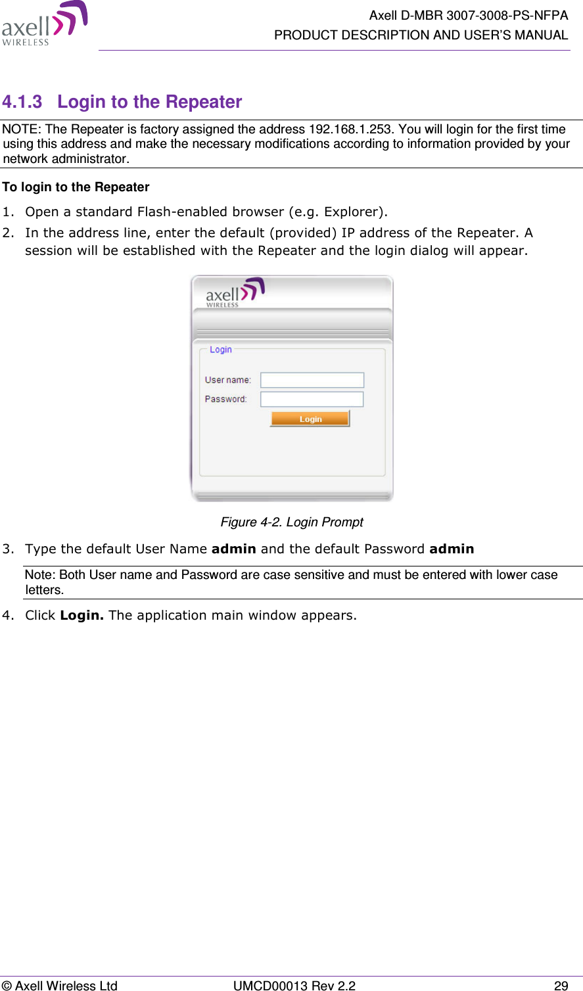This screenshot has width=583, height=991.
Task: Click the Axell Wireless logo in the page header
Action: pos(44,24)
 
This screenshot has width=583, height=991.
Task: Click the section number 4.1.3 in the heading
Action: pos(22,103)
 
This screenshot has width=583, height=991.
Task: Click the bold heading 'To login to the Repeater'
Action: pos(76,187)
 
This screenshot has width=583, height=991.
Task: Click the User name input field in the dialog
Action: pos(312,380)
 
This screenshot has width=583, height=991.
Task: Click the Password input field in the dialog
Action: pos(312,399)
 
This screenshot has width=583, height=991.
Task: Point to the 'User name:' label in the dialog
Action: pos(227,380)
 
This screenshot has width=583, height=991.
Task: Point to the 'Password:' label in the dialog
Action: pos(225,399)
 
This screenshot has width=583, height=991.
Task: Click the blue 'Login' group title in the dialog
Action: pos(220,350)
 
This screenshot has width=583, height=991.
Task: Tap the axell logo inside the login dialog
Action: pos(235,293)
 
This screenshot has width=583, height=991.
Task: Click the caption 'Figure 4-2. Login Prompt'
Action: pos(292,522)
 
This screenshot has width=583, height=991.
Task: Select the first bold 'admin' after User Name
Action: pos(233,549)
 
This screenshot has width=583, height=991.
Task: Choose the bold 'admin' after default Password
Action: pos(451,549)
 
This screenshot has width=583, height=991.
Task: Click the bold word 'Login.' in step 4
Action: pos(82,616)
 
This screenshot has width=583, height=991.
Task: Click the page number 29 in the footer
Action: pos(561,985)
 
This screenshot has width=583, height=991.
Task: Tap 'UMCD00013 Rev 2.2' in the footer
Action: pos(294,985)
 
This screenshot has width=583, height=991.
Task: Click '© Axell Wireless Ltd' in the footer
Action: pos(60,985)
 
